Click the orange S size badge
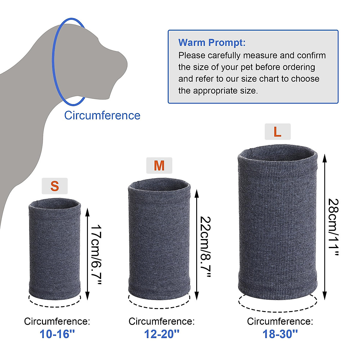pyautogui.click(x=55, y=186)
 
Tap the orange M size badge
pyautogui.click(x=159, y=166)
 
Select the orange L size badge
pyautogui.click(x=277, y=132)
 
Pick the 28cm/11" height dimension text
pyautogui.click(x=333, y=227)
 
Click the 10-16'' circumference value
pyautogui.click(x=57, y=334)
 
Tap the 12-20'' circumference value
pyautogui.click(x=162, y=334)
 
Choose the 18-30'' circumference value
pyautogui.click(x=280, y=334)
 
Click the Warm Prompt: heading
pyautogui.click(x=212, y=43)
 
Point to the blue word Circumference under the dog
pyautogui.click(x=102, y=115)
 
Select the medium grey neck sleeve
pyautogui.click(x=159, y=240)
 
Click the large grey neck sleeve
pyautogui.click(x=277, y=222)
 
